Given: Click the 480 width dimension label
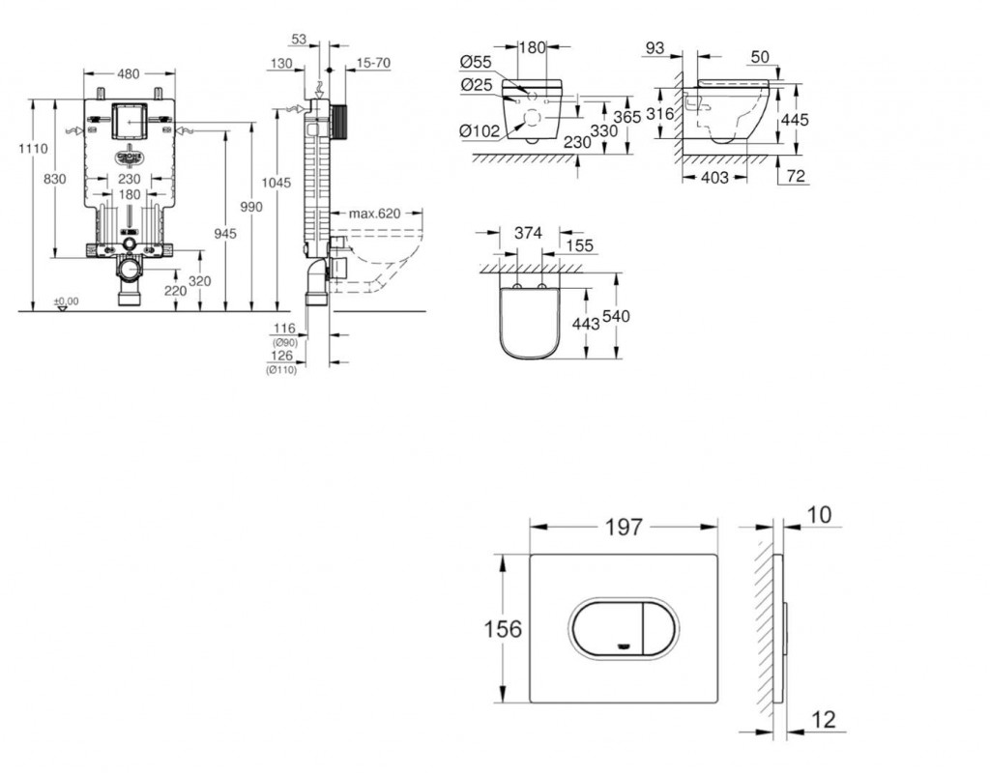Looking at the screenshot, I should pyautogui.click(x=130, y=72).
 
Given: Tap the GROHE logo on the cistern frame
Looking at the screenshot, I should pyautogui.click(x=130, y=157).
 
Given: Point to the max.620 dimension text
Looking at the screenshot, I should pyautogui.click(x=375, y=213).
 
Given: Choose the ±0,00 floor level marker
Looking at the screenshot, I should pyautogui.click(x=66, y=301).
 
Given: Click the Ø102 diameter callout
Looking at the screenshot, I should pyautogui.click(x=480, y=132).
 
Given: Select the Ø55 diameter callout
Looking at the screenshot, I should pyautogui.click(x=478, y=63).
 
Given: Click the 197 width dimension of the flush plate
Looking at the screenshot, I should pyautogui.click(x=624, y=527).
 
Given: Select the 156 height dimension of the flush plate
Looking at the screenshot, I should pyautogui.click(x=503, y=629).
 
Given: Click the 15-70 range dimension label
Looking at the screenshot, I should pyautogui.click(x=373, y=63).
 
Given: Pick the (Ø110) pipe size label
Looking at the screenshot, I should pyautogui.click(x=282, y=368).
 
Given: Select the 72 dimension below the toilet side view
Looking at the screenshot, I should pyautogui.click(x=797, y=176).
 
